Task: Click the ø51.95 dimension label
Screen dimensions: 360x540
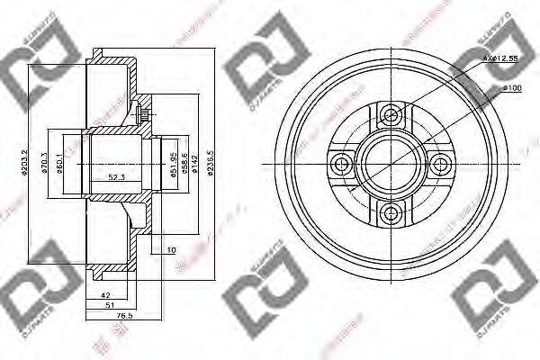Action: point(174,167)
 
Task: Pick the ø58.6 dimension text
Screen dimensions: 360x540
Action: point(184,167)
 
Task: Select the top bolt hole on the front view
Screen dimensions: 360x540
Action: point(390,114)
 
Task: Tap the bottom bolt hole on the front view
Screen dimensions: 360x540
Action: point(390,212)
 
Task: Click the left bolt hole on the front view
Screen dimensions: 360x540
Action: point(340,164)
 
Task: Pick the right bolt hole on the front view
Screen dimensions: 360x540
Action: point(439,164)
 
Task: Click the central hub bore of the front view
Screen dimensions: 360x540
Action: point(390,164)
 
